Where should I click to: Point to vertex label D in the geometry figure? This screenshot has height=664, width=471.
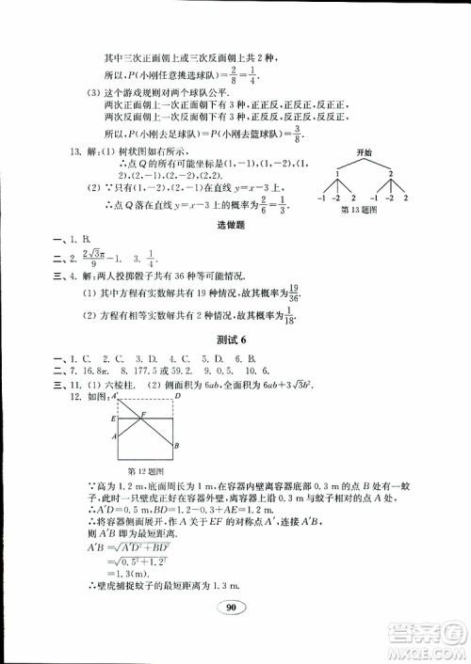click(176, 397)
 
